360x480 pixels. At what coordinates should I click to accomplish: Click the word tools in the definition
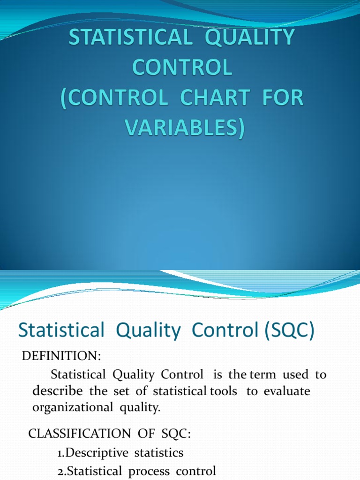pos(224,391)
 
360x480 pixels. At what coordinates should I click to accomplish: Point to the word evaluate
pos(287,391)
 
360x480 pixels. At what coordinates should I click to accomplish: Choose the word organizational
pos(71,407)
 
